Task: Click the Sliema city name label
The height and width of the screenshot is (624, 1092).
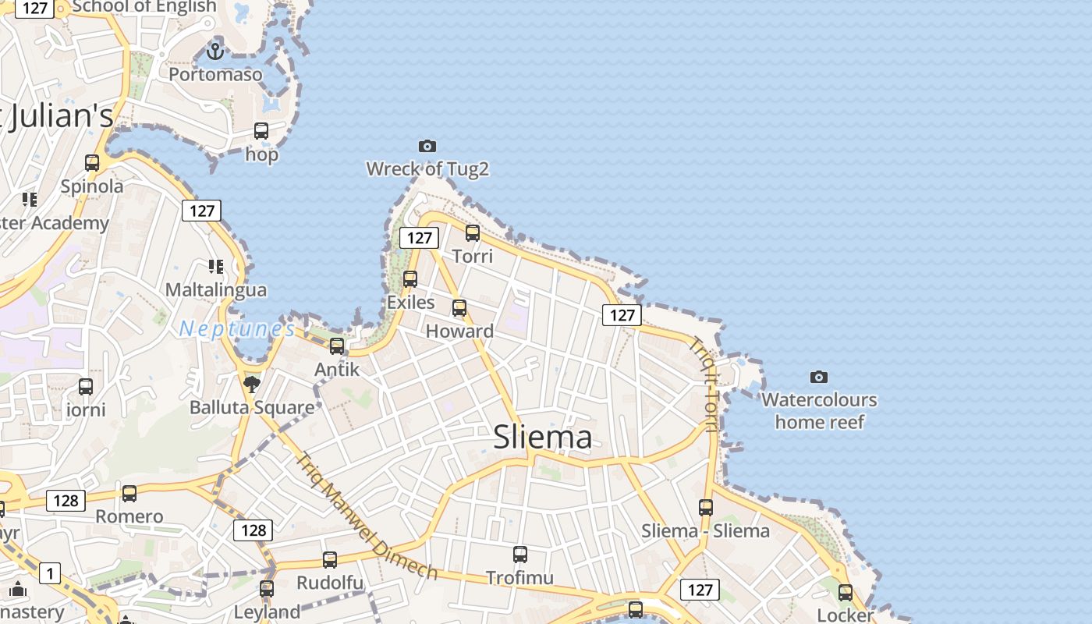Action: [542, 437]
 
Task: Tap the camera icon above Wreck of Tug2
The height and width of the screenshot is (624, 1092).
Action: [427, 146]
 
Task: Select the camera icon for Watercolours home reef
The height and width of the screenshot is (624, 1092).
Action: [818, 378]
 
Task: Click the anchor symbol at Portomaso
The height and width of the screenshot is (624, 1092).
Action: [215, 51]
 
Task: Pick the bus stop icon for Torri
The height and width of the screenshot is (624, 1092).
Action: [473, 232]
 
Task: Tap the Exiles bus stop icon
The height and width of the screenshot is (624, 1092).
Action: [410, 278]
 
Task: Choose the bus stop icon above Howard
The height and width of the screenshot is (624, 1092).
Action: [459, 307]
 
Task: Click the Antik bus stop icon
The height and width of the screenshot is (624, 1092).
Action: [337, 346]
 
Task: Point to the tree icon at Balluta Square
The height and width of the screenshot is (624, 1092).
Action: [251, 384]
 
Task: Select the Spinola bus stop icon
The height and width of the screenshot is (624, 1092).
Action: [92, 163]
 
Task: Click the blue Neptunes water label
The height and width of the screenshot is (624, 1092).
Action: [237, 328]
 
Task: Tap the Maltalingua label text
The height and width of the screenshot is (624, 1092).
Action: [216, 289]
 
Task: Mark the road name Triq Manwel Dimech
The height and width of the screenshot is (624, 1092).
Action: [367, 516]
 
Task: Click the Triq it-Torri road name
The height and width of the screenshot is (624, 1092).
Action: [705, 383]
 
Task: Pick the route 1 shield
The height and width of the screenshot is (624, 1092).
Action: [50, 574]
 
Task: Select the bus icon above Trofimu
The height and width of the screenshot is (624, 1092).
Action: [520, 555]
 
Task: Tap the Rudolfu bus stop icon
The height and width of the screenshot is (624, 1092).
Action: [330, 559]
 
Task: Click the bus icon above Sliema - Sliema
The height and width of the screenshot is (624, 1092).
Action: [706, 507]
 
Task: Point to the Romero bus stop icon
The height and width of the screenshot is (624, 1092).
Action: [129, 493]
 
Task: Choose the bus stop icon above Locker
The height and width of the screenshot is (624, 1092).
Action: [846, 592]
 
